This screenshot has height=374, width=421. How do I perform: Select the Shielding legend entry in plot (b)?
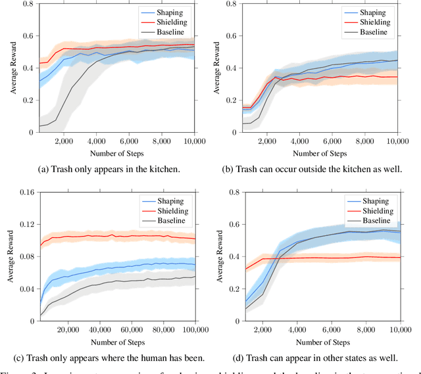pos(372,21)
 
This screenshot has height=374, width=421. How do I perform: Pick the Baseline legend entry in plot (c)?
pos(174,221)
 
